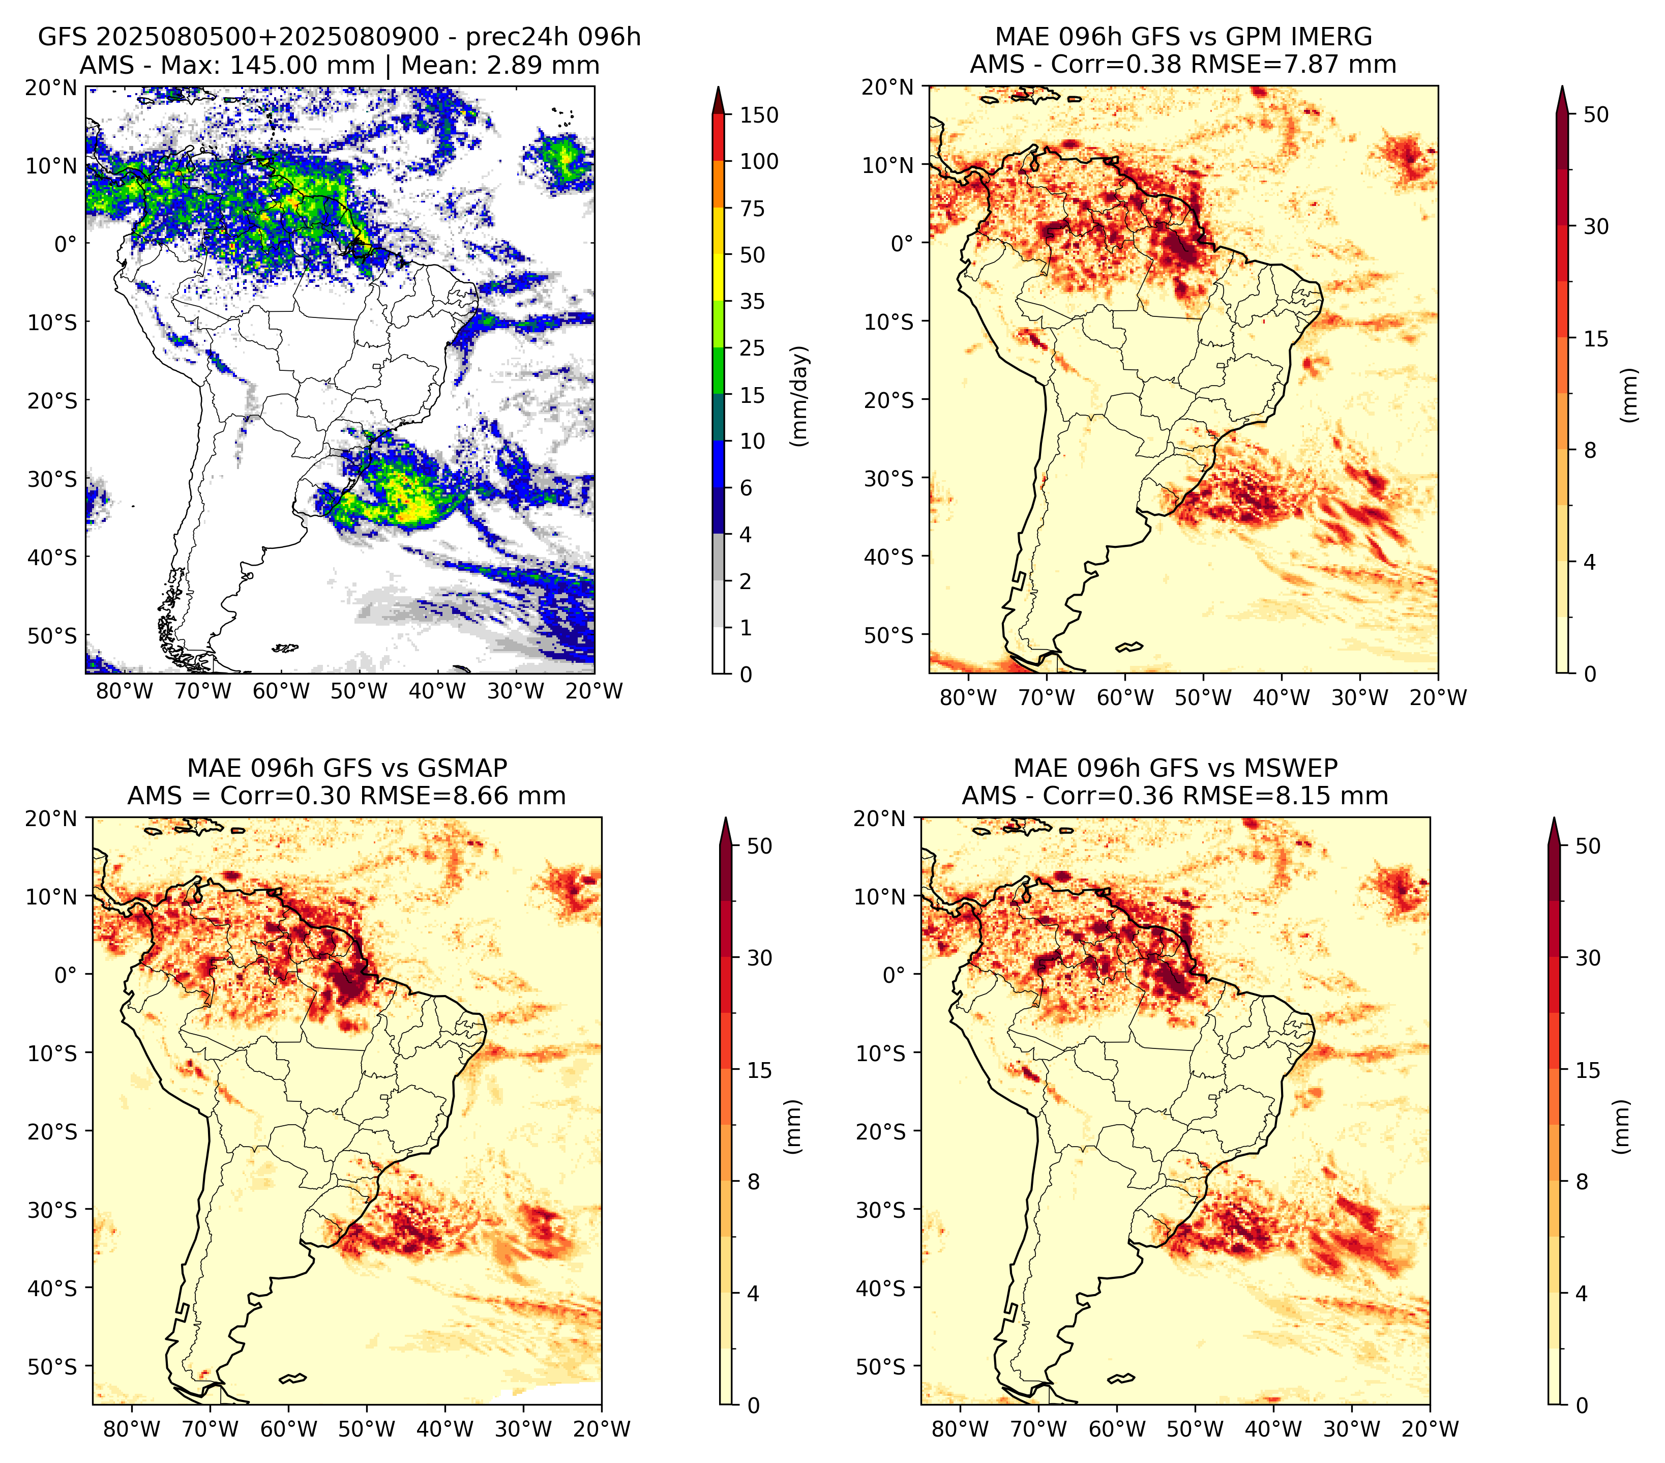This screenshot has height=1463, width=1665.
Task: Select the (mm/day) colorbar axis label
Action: coord(801,396)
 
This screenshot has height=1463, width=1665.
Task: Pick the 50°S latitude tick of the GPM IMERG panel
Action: coord(889,634)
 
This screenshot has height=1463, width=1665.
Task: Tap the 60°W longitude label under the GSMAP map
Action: coord(289,1429)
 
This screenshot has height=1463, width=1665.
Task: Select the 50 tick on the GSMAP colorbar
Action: coord(759,846)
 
